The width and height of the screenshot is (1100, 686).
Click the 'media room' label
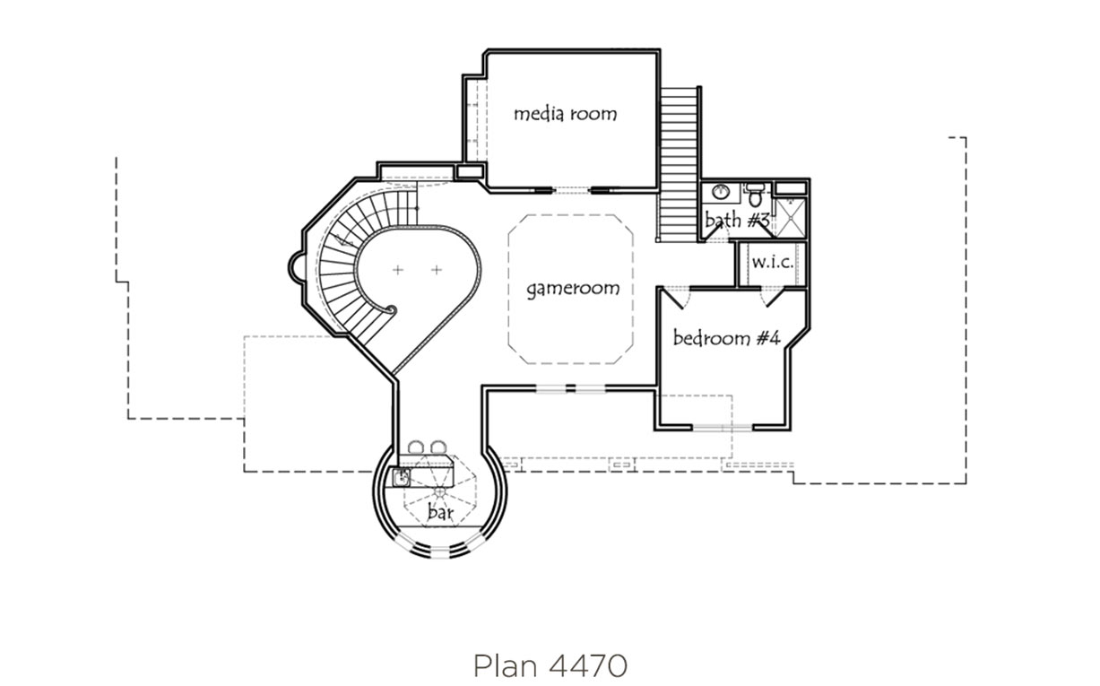coord(565,114)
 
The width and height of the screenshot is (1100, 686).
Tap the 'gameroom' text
coord(573,289)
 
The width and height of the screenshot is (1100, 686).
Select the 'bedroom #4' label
coord(726,338)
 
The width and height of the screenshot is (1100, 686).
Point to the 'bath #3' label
coord(737,220)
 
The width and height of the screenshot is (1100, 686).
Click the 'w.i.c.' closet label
coord(772,263)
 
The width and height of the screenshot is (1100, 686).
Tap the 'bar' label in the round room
coord(440,512)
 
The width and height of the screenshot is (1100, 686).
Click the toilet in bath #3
coord(755,195)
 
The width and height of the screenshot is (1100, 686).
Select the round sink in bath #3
coord(721,191)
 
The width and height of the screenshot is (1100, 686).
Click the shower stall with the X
coord(790,218)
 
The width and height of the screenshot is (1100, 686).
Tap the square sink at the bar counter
coord(402,477)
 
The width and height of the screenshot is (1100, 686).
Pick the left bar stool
coord(415,447)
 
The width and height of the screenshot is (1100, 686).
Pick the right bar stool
coord(438,447)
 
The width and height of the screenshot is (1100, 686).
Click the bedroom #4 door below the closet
coord(775,299)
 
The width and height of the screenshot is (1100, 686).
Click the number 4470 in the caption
coord(588,666)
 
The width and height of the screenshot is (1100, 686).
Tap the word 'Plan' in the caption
coord(506,666)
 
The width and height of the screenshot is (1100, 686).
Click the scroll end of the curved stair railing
coord(392,310)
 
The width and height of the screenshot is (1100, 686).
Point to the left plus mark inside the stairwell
coord(398,270)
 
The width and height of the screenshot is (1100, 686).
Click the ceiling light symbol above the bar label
coord(440,491)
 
